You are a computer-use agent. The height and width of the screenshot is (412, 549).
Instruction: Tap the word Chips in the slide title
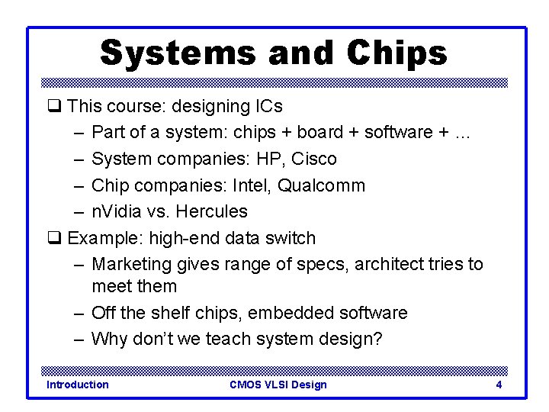tap(397, 53)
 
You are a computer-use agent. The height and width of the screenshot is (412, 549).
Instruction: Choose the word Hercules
tap(211, 211)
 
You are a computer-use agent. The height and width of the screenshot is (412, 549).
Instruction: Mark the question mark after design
tap(377, 339)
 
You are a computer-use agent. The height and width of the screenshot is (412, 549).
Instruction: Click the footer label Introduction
tap(78, 385)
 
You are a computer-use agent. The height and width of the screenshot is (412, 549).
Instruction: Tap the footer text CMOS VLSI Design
tap(278, 385)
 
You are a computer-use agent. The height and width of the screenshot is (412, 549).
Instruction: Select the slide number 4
tap(499, 385)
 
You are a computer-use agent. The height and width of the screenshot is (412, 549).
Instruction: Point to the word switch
tap(291, 238)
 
